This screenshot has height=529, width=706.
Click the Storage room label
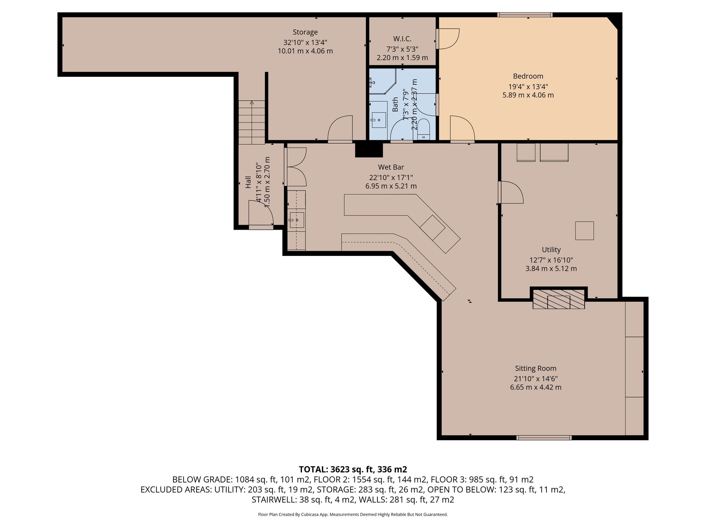pyautogui.click(x=305, y=32)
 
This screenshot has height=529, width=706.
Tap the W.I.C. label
pyautogui.click(x=402, y=39)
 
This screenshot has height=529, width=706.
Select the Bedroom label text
pyautogui.click(x=528, y=76)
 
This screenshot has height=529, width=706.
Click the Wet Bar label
pyautogui.click(x=391, y=167)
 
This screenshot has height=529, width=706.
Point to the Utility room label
pyautogui.click(x=551, y=250)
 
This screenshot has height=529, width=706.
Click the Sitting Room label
pyautogui.click(x=535, y=369)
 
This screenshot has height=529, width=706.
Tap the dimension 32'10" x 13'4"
pyautogui.click(x=305, y=43)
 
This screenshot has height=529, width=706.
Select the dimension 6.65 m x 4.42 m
pyautogui.click(x=535, y=387)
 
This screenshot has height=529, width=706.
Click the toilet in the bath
pyautogui.click(x=423, y=129)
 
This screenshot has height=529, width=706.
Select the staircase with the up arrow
pyautogui.click(x=252, y=122)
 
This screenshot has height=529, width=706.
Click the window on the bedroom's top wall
pyautogui.click(x=525, y=15)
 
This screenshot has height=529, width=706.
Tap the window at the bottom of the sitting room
pyautogui.click(x=544, y=438)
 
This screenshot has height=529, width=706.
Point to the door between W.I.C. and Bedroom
pyautogui.click(x=447, y=39)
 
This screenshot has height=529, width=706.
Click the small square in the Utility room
pyautogui.click(x=584, y=231)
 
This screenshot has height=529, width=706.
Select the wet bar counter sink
pyautogui.click(x=297, y=220)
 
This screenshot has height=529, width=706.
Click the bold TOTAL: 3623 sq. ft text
pyautogui.click(x=353, y=469)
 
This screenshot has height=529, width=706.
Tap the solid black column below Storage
pyautogui.click(x=369, y=149)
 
